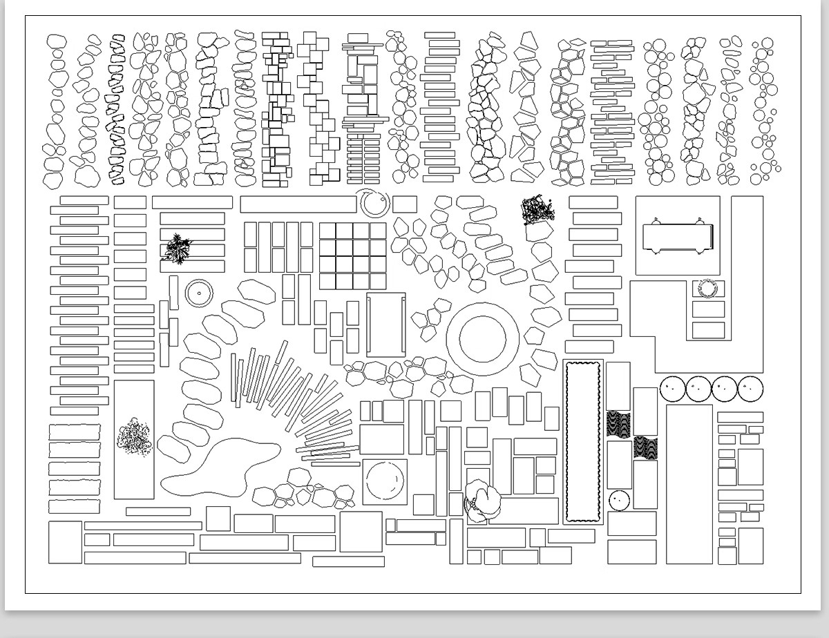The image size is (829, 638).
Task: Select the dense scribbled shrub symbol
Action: tap(537, 211)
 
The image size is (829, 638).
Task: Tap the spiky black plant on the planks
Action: tap(178, 249)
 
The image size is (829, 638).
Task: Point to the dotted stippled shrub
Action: tap(133, 437)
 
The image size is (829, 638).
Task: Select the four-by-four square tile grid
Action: tap(353, 255)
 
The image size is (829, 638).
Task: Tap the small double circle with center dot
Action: tap(199, 293)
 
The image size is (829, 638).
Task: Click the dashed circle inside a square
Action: tap(385, 481)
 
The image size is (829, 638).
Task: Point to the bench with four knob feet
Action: tap(677, 238)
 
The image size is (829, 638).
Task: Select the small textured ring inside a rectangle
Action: tap(708, 288)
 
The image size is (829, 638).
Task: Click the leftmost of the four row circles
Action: tap(672, 389)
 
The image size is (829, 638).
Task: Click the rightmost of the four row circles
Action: tap(750, 389)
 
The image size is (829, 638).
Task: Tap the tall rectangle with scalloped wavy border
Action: tap(582, 442)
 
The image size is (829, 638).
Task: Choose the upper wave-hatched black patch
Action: tap(618, 424)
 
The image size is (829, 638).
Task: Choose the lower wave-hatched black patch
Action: tap(645, 447)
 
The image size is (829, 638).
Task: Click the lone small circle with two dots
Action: tap(620, 500)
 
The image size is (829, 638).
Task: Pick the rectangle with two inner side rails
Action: tap(385, 325)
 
